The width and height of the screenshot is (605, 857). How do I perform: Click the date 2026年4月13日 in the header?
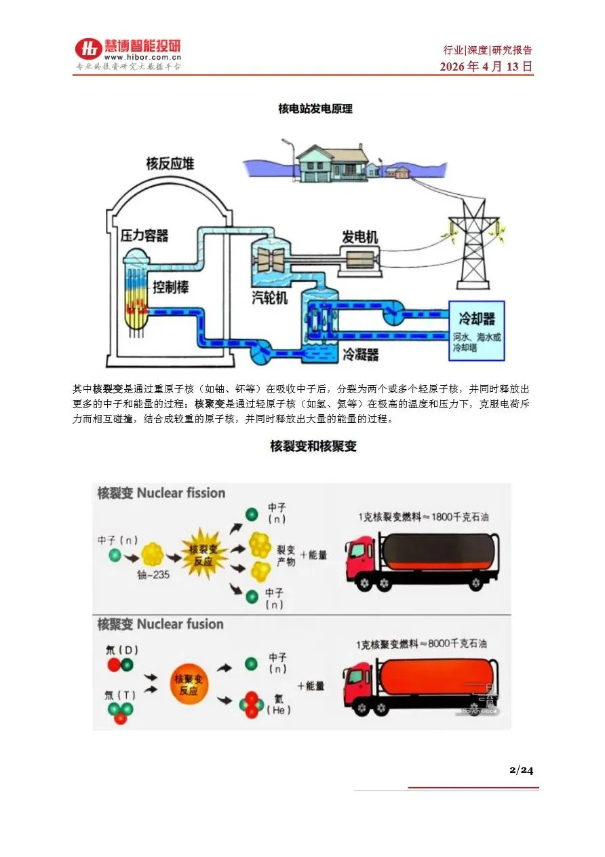486,67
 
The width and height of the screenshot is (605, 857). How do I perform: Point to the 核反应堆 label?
170,163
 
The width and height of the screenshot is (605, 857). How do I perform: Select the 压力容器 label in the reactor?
144,236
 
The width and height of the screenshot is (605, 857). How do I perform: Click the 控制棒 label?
170,287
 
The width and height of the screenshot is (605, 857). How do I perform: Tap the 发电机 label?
359,237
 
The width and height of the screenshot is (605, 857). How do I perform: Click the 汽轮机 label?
269,298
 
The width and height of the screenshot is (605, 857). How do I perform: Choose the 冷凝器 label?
360,354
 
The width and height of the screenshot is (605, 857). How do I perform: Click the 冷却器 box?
477,330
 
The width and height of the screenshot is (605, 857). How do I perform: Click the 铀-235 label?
153,575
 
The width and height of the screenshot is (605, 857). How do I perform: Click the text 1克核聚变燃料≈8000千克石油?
421,644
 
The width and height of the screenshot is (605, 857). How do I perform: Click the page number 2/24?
522,769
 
